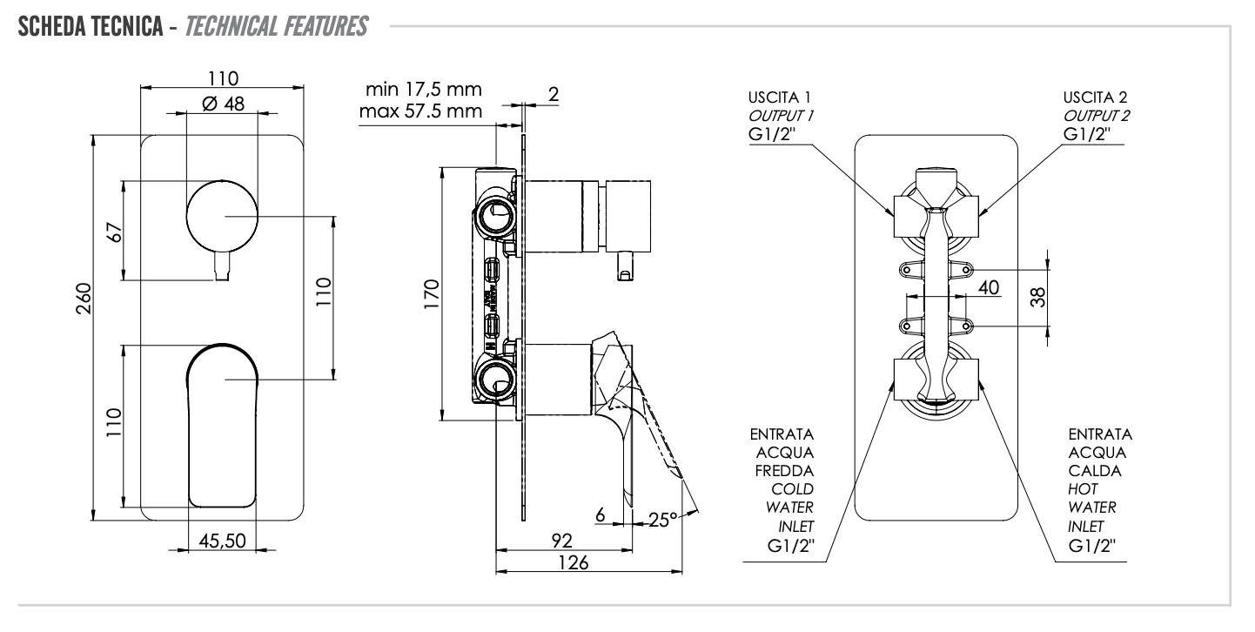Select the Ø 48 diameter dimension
pyautogui.click(x=223, y=104)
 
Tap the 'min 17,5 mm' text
pyautogui.click(x=424, y=91)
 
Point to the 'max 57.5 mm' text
pyautogui.click(x=422, y=111)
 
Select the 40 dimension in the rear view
pyautogui.click(x=988, y=286)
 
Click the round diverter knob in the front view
pyautogui.click(x=223, y=216)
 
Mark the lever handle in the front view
pyautogui.click(x=223, y=423)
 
